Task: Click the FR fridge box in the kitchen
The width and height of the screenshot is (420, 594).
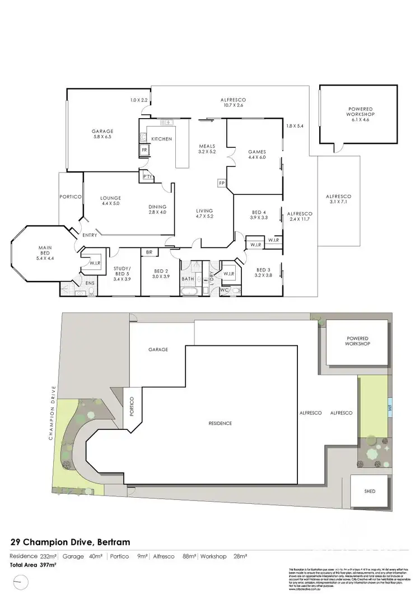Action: (x=144, y=151)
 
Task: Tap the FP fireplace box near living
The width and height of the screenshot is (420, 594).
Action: (x=221, y=183)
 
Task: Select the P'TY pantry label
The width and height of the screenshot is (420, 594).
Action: (x=148, y=177)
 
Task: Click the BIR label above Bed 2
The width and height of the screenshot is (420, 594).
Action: (x=149, y=252)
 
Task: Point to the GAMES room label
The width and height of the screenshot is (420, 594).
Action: (x=257, y=152)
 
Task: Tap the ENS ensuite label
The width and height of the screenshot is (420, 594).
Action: (x=90, y=283)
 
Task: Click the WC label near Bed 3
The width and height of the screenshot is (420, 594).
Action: (x=225, y=291)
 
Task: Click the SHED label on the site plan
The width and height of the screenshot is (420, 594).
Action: (x=370, y=492)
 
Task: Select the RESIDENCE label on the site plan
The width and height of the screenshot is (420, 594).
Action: (x=220, y=423)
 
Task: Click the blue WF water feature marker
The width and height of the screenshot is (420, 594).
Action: (x=389, y=408)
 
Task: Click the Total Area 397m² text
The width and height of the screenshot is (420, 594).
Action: (x=34, y=565)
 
